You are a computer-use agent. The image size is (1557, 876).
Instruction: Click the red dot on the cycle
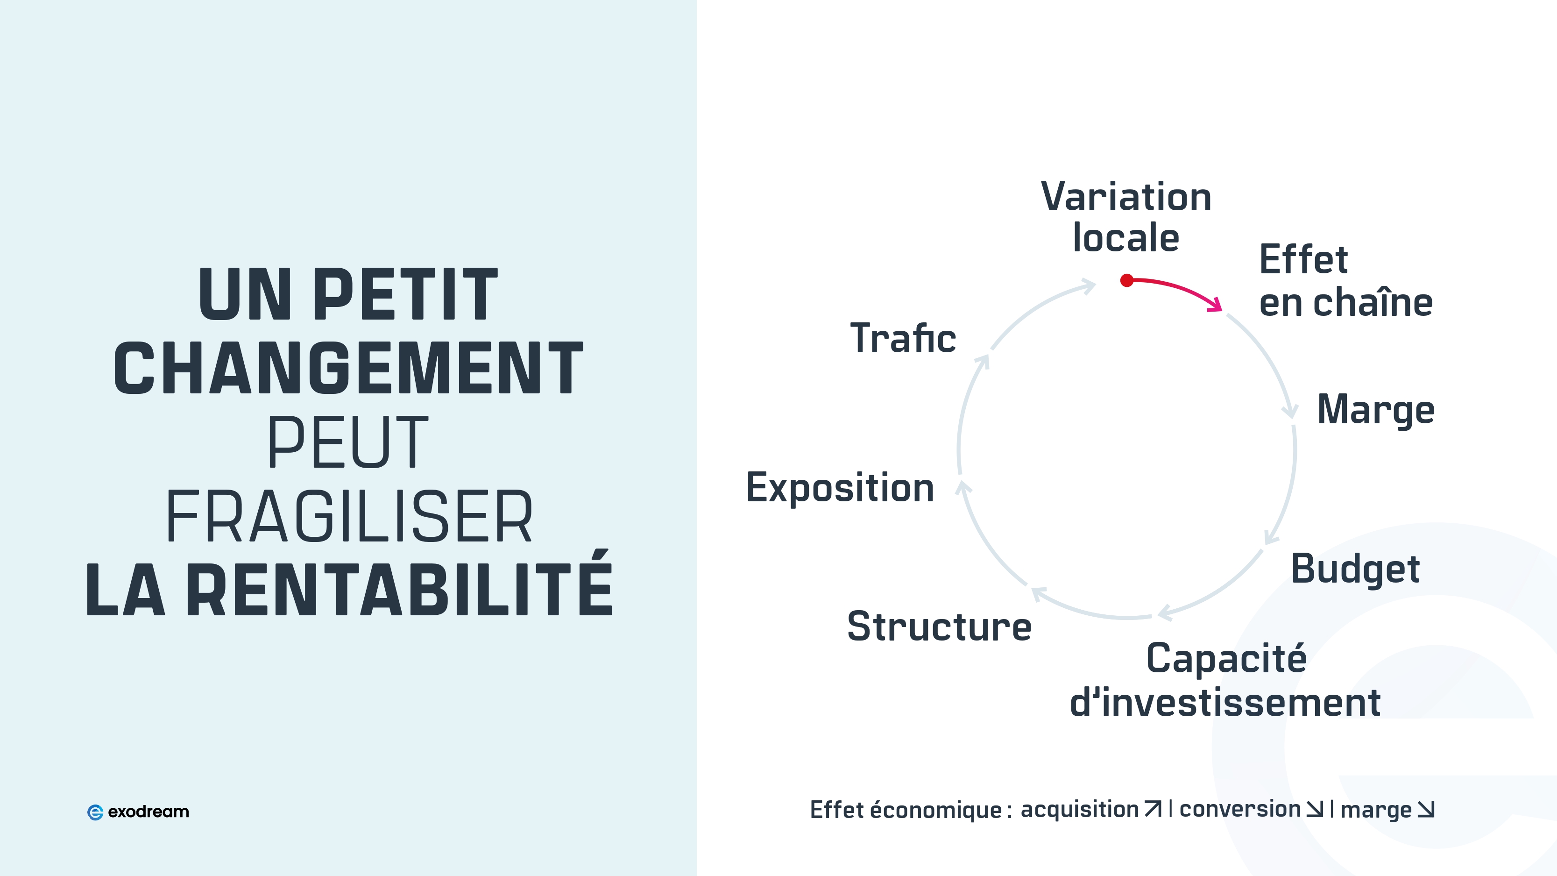click(1126, 280)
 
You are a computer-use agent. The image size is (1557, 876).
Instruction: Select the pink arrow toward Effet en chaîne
click(1179, 290)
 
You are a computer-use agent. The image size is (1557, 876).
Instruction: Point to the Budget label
click(1355, 570)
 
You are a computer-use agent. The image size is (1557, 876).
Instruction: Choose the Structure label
click(939, 627)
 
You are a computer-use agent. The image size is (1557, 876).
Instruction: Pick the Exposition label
click(840, 488)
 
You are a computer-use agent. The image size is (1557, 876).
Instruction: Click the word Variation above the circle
click(1126, 197)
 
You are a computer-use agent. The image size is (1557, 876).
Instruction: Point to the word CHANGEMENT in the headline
click(349, 368)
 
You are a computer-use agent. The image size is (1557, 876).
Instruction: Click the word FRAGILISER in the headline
click(349, 516)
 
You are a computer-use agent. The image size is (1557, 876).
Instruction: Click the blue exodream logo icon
click(95, 812)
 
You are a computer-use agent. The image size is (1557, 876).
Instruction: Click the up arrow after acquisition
click(1153, 809)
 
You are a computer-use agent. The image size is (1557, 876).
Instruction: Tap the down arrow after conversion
click(1315, 809)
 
